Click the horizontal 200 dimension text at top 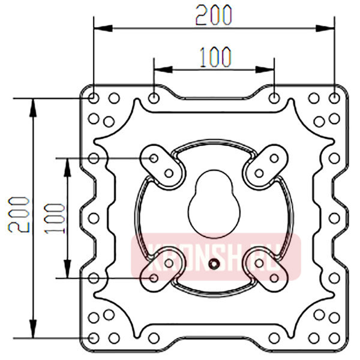(214, 14)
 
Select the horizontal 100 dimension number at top (214, 57)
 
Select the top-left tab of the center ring (161, 165)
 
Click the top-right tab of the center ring (266, 165)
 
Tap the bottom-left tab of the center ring (161, 270)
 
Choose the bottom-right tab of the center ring (266, 270)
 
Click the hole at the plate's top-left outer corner (94, 97)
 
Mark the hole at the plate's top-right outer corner (334, 97)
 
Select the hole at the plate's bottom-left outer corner (94, 337)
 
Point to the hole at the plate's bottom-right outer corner (334, 337)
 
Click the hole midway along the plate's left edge (94, 217)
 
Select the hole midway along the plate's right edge (334, 217)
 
